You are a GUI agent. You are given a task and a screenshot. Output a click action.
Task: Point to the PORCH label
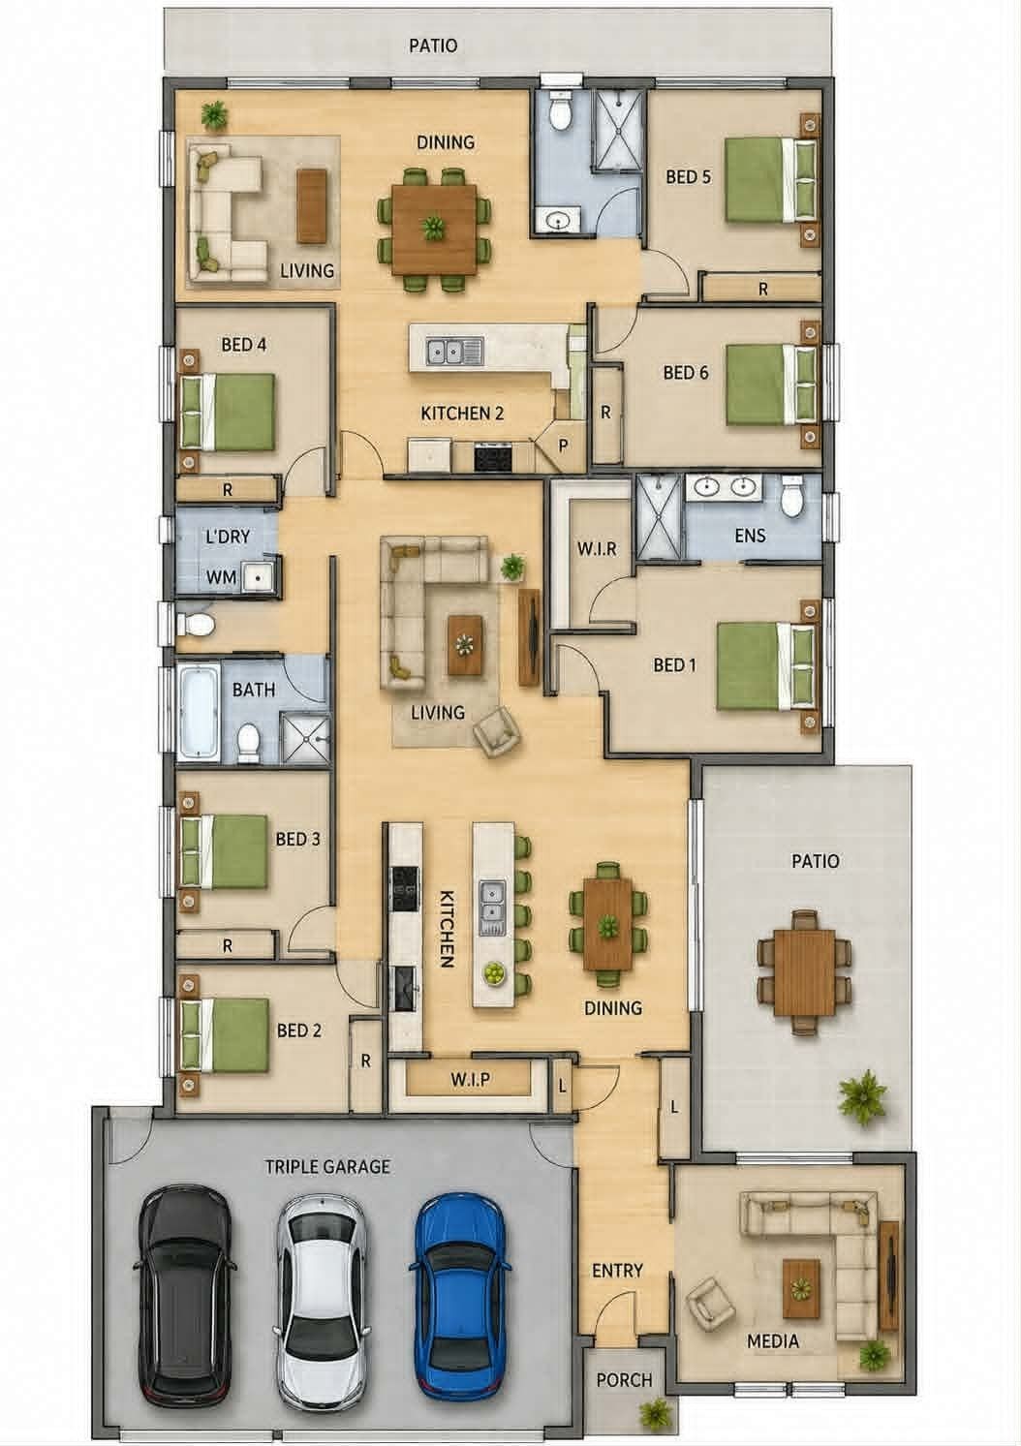[625, 1379]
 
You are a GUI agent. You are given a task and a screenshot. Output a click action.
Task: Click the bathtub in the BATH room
[200, 712]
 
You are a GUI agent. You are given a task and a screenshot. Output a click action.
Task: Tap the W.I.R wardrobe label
[596, 549]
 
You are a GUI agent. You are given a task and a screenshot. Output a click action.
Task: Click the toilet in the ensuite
[792, 497]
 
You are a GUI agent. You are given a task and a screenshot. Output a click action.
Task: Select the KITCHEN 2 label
[462, 413]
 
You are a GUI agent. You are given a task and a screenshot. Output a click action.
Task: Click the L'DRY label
[228, 537]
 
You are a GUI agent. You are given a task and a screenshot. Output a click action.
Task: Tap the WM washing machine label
[220, 576]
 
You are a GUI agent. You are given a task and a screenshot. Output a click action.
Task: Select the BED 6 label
[685, 373]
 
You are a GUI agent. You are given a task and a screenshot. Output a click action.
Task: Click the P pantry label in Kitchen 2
[563, 445]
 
